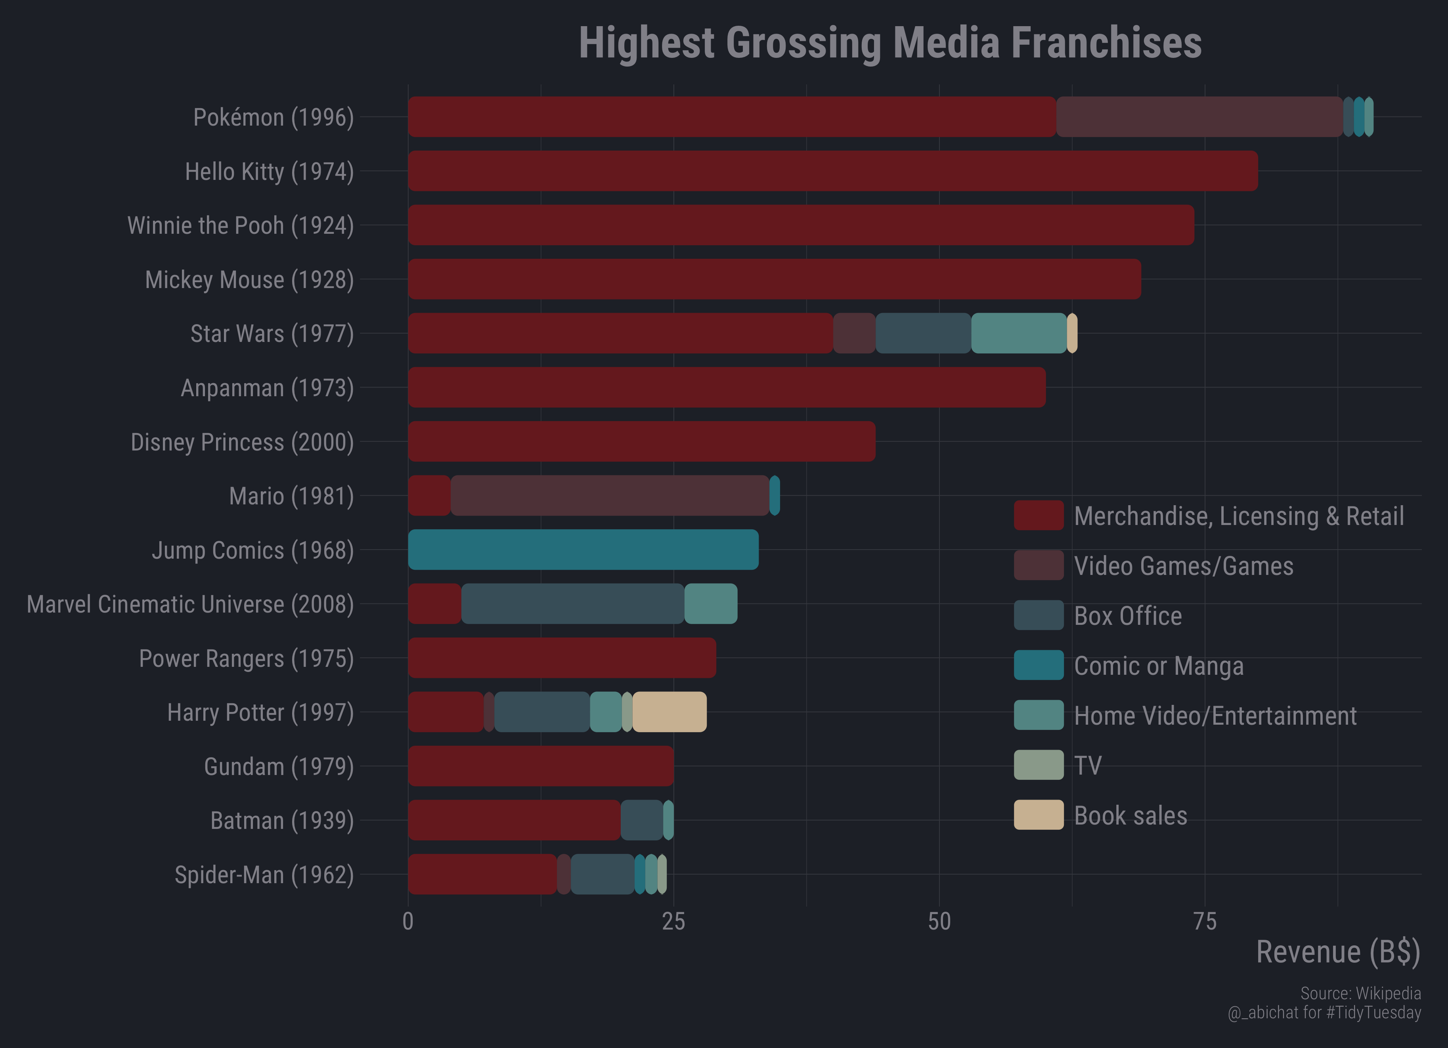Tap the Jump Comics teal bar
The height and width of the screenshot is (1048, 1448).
pyautogui.click(x=583, y=550)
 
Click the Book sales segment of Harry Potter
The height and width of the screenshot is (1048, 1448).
pyautogui.click(x=669, y=712)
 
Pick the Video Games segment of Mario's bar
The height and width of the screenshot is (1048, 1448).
pyautogui.click(x=610, y=495)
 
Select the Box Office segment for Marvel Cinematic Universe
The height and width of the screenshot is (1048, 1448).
pyautogui.click(x=572, y=604)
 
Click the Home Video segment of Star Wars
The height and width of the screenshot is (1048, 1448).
pyautogui.click(x=1018, y=333)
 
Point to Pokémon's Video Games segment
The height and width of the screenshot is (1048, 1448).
pyautogui.click(x=1199, y=117)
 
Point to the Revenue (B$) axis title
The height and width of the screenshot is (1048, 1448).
pyautogui.click(x=1337, y=952)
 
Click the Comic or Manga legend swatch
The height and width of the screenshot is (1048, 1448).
pyautogui.click(x=1038, y=665)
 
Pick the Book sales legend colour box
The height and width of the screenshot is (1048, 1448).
pyautogui.click(x=1038, y=815)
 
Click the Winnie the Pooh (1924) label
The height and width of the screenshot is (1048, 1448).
pyautogui.click(x=240, y=225)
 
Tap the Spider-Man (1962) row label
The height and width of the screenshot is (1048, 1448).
pyautogui.click(x=264, y=874)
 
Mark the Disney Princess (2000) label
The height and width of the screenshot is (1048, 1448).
pyautogui.click(x=242, y=442)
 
